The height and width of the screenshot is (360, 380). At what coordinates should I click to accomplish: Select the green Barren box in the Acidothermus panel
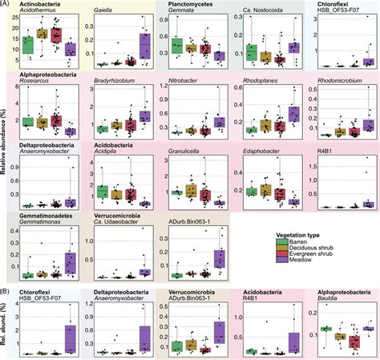pyautogui.click(x=29, y=44)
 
